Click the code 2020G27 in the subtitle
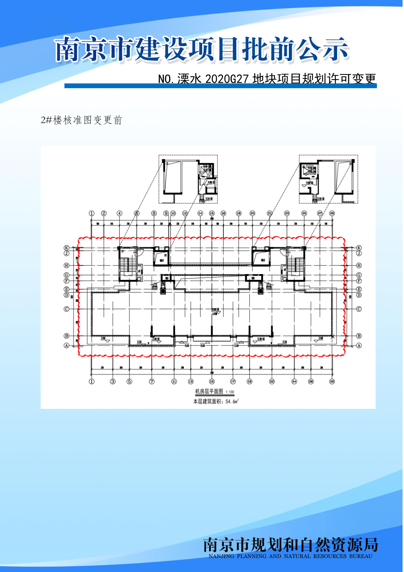(x=227, y=79)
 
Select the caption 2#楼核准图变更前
(x=82, y=120)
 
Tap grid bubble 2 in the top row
(x=104, y=213)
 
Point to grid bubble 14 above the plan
(x=200, y=213)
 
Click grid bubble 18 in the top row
(x=239, y=213)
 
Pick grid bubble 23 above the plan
(x=287, y=213)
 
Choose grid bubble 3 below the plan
(x=113, y=381)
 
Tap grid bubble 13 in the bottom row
(x=191, y=381)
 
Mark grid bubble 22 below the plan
(x=272, y=381)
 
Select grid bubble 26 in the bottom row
(x=311, y=381)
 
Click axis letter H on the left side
(x=67, y=265)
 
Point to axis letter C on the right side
(x=359, y=309)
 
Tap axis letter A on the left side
(x=67, y=345)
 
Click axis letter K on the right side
(x=359, y=248)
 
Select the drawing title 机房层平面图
(x=209, y=392)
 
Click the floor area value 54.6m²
(x=232, y=401)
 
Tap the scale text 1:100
(x=230, y=392)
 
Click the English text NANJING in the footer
(x=221, y=556)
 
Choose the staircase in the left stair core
(x=124, y=266)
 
